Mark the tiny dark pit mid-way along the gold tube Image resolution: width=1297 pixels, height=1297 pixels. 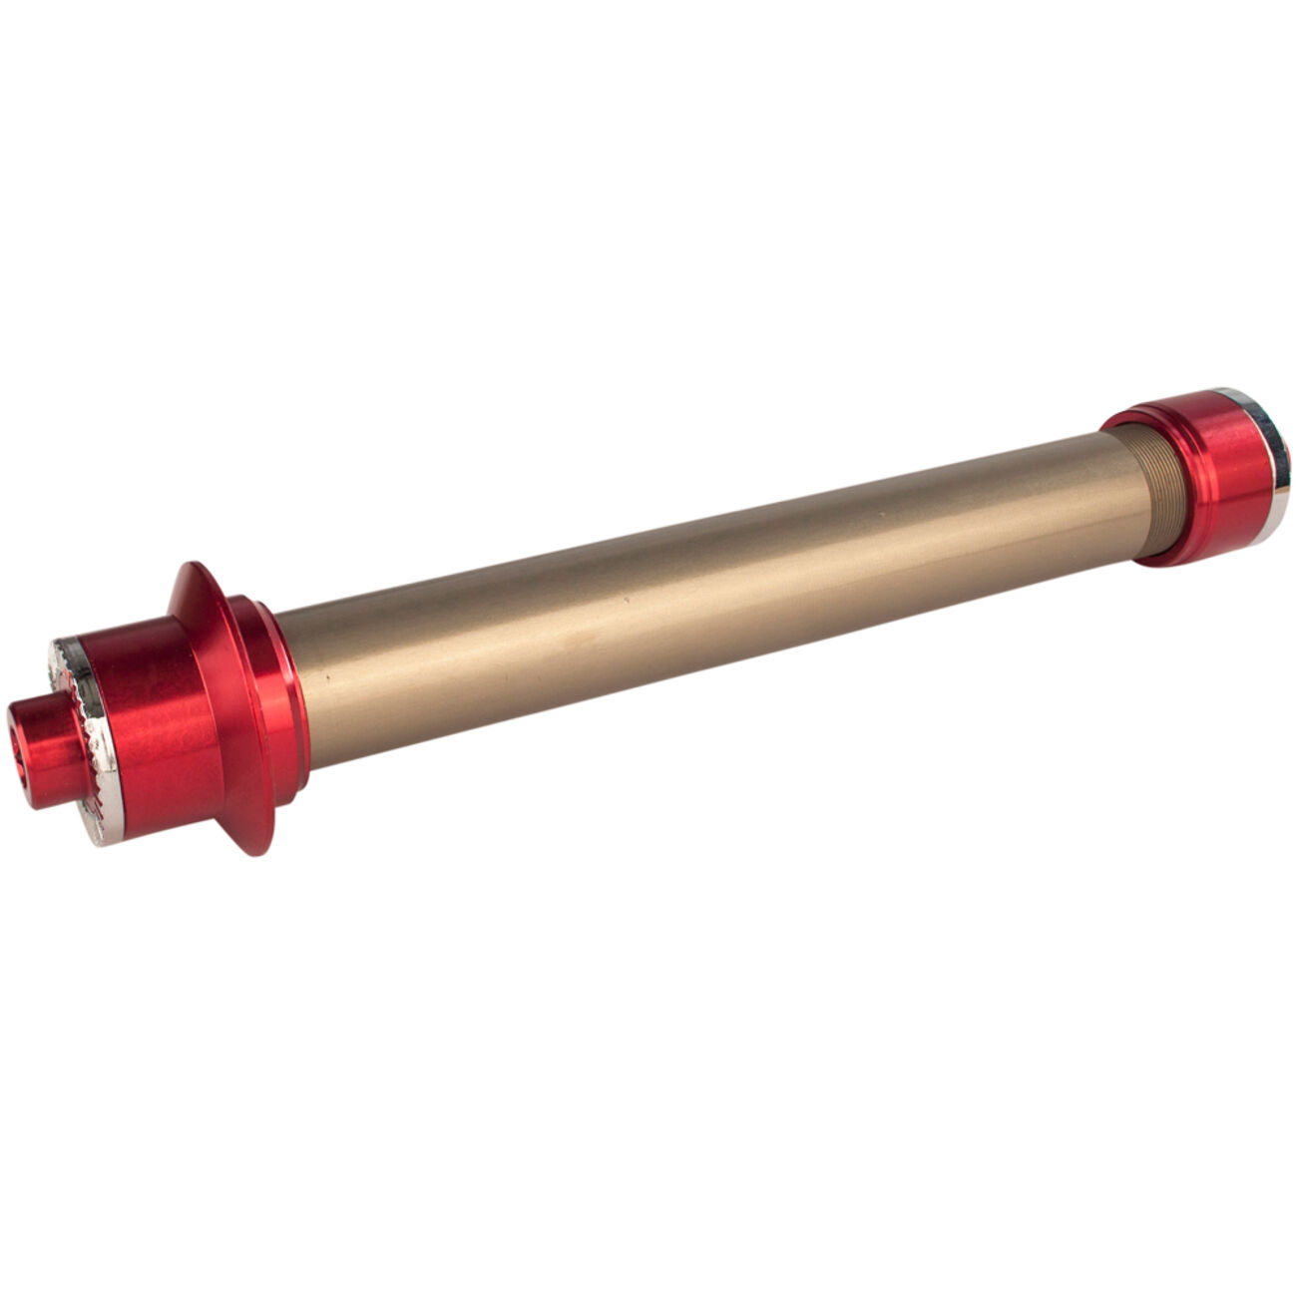(626, 601)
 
